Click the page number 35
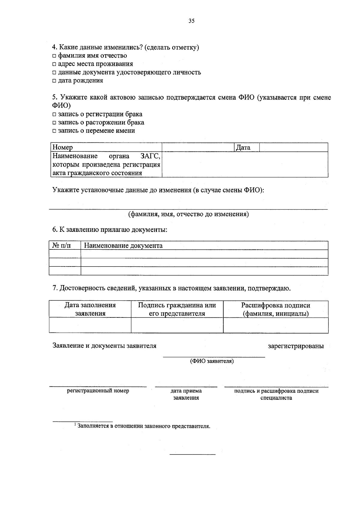[x=191, y=21]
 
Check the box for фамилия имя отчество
[x=54, y=56]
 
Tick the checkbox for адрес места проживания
[x=54, y=64]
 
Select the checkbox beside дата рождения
[x=54, y=81]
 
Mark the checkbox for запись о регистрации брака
[x=54, y=115]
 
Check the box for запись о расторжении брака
[x=54, y=123]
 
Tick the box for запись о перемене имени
[x=54, y=131]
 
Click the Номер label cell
[x=63, y=147]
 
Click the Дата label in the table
[x=243, y=147]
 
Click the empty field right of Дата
[x=293, y=147]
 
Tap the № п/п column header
[x=62, y=246]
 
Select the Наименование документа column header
[x=123, y=246]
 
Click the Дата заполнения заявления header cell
[x=90, y=309]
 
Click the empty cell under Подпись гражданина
[x=177, y=325]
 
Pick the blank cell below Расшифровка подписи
[x=275, y=325]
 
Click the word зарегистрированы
[x=295, y=346]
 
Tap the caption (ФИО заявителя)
[x=212, y=361]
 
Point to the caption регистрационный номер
[x=98, y=391]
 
